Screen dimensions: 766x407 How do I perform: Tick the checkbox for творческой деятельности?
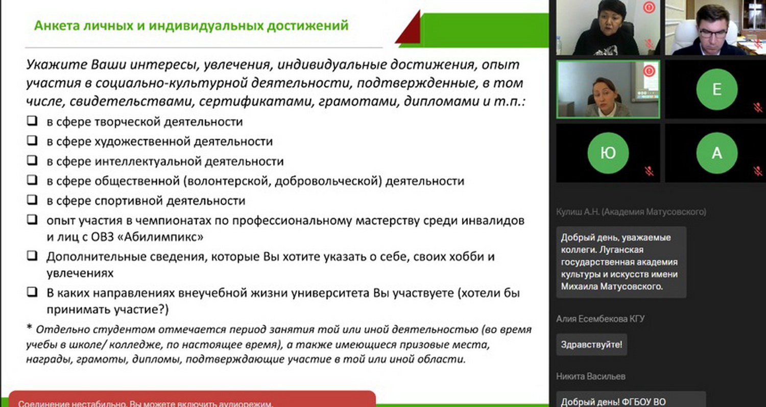[x=32, y=121]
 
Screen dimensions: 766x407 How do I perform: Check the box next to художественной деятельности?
[x=32, y=140]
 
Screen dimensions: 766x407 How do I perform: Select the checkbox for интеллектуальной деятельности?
[x=32, y=160]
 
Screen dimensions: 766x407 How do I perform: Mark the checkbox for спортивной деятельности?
[x=32, y=199]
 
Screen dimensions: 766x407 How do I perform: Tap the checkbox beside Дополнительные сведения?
[x=32, y=255]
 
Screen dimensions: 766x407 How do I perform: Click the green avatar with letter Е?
[x=716, y=89]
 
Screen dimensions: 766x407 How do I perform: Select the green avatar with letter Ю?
[x=608, y=153]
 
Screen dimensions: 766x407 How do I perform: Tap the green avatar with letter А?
[x=716, y=153]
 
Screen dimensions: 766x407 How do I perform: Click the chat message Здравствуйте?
[x=591, y=344]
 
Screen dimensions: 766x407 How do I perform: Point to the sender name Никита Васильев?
[x=590, y=376]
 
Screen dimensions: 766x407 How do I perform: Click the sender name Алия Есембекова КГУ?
[x=600, y=319]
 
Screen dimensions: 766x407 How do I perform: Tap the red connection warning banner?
[x=192, y=399]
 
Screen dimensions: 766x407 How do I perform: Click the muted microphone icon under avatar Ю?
[x=649, y=171]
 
